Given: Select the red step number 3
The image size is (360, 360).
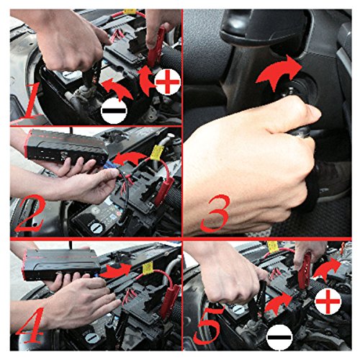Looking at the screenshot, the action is pos(215,214).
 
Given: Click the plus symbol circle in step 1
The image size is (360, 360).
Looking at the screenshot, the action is pos(167,82).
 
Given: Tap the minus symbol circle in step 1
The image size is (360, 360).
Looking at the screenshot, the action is pos(114,111).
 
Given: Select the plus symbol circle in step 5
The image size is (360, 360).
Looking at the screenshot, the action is pos(328,302).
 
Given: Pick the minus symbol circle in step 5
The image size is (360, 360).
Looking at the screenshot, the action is pos(279,337).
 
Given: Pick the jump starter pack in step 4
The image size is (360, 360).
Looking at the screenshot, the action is pos(61,265).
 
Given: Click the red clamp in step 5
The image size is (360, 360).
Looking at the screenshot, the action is pos(305,267).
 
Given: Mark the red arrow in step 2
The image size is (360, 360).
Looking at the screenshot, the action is pos(130,159).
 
